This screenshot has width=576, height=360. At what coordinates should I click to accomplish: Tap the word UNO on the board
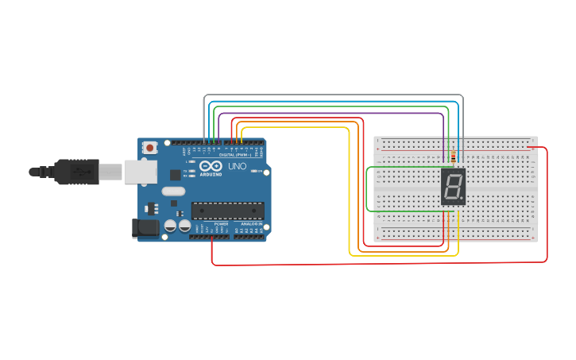(237, 167)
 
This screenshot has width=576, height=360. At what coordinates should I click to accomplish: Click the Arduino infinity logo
(211, 166)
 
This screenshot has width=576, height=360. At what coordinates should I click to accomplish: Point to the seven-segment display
(453, 187)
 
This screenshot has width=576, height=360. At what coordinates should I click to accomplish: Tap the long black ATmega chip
(227, 211)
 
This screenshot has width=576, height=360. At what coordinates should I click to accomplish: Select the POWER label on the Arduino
(221, 224)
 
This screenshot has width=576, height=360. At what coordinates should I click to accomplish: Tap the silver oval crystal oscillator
(173, 191)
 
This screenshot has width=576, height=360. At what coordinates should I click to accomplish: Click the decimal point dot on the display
(462, 199)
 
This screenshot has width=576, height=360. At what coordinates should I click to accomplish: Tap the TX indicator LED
(192, 171)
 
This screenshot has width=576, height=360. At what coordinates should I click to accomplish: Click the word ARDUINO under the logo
(211, 174)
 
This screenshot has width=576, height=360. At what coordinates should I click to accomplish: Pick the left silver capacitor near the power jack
(170, 226)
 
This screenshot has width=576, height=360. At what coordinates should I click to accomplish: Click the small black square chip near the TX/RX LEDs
(175, 174)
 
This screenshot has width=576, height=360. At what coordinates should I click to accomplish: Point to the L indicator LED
(192, 161)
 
